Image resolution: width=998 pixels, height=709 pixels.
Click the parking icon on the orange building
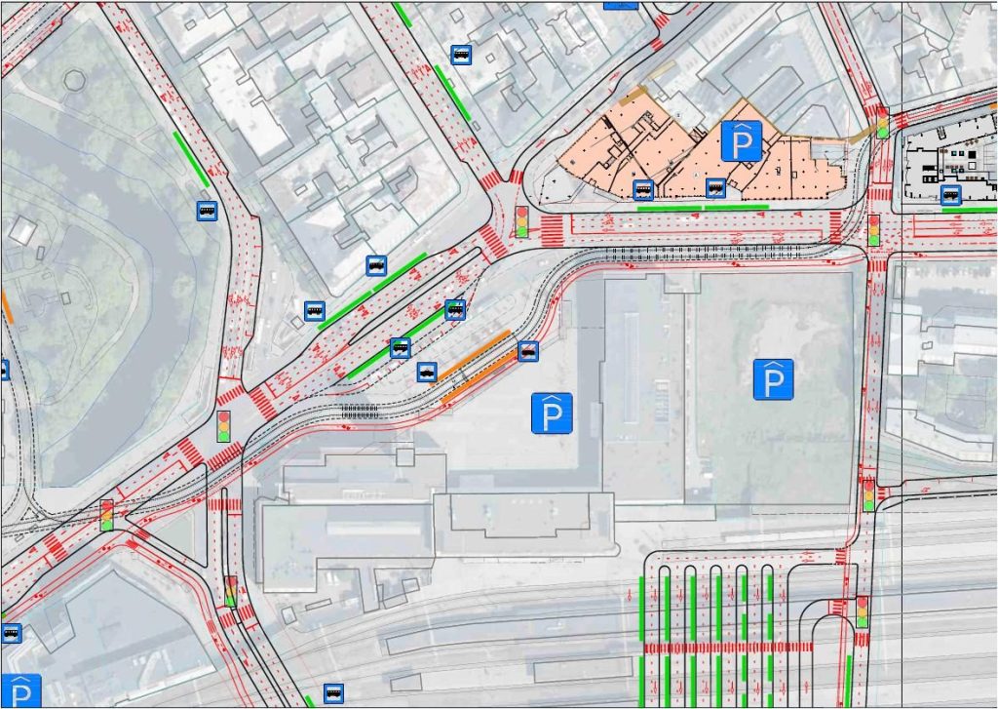[x=742, y=141]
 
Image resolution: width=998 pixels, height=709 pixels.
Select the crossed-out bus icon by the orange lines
[x=528, y=351]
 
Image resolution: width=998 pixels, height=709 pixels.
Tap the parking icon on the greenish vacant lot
[x=774, y=379]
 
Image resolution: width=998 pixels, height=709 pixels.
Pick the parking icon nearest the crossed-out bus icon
[x=552, y=414]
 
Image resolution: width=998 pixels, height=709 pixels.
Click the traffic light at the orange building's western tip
[x=521, y=221]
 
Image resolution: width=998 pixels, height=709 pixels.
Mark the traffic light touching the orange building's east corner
[x=883, y=123]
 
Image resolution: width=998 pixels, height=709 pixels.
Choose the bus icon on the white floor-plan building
[x=951, y=195]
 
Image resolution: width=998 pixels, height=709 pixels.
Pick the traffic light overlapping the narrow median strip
[x=231, y=591]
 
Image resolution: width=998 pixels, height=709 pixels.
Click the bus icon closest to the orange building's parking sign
[x=715, y=186]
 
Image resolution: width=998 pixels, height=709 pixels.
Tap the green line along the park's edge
[x=191, y=160]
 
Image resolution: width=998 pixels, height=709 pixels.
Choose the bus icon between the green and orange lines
[x=427, y=371]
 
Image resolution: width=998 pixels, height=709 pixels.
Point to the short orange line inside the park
[x=8, y=306]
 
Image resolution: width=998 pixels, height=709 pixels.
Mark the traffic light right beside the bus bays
[x=862, y=611]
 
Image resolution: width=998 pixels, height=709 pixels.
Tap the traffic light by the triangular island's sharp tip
[x=107, y=515]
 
